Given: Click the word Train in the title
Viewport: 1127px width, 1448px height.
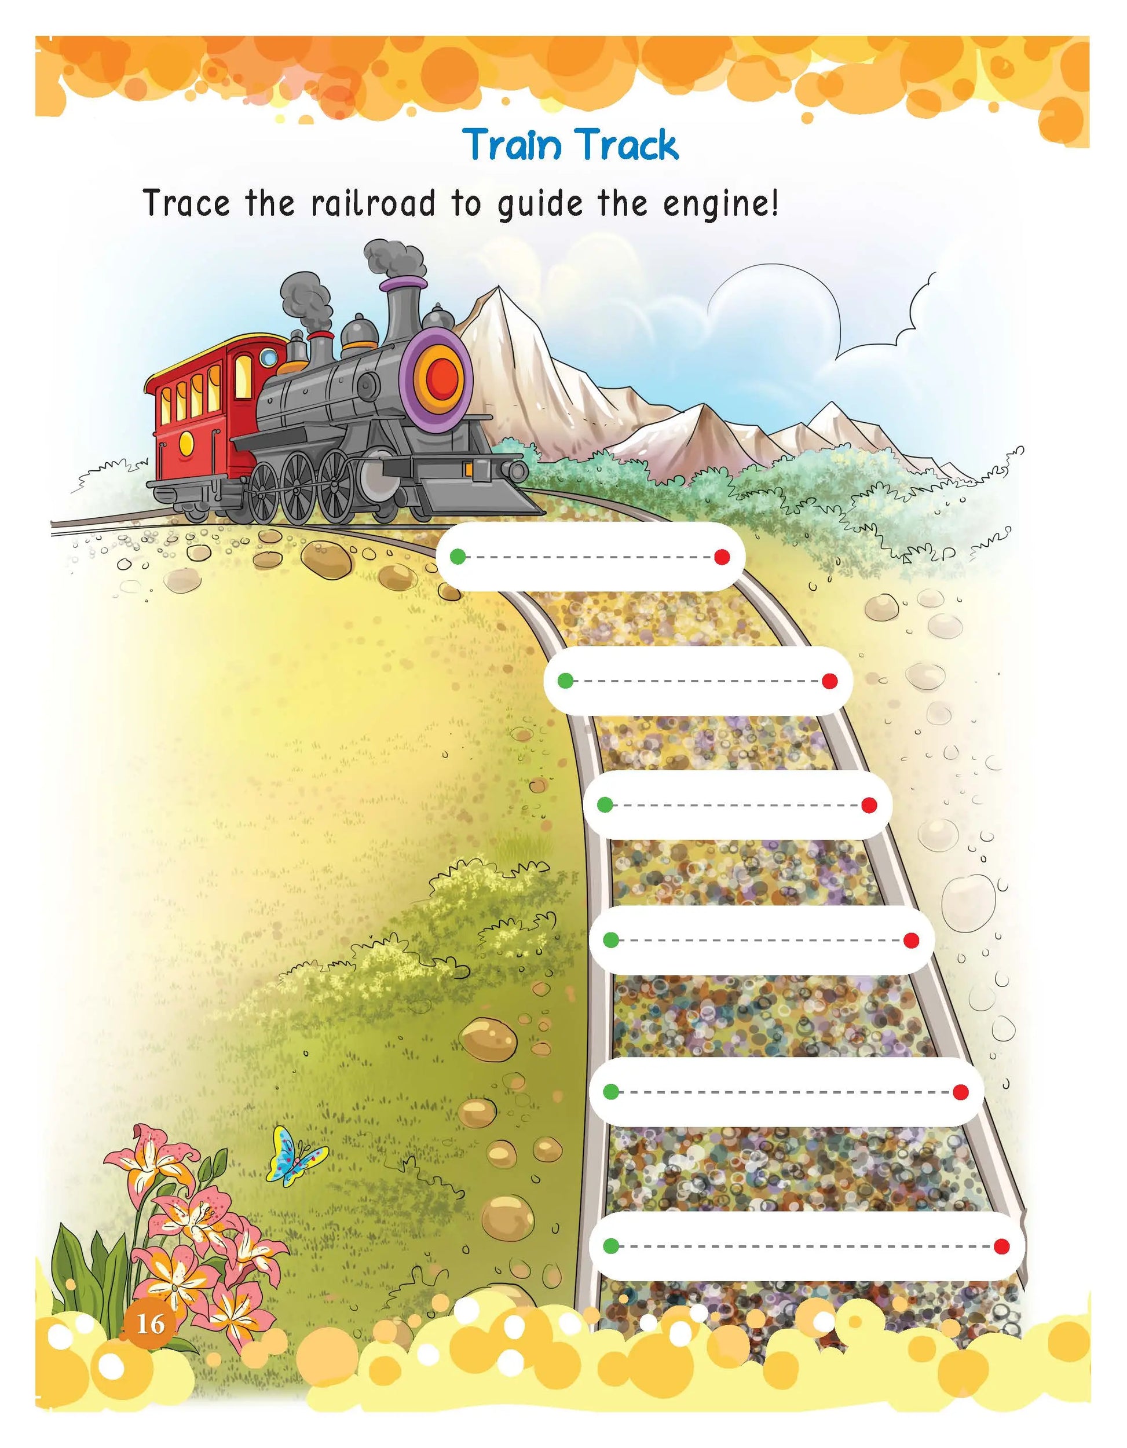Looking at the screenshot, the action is [512, 145].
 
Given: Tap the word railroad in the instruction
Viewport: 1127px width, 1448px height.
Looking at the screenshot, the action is [373, 203].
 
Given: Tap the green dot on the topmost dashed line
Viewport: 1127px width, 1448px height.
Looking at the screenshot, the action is [457, 556].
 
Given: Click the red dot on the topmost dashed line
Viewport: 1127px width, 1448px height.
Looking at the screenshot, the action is [722, 557].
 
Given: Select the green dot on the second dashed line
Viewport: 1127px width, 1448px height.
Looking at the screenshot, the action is [565, 680].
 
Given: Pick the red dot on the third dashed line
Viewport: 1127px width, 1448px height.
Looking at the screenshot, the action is [869, 805].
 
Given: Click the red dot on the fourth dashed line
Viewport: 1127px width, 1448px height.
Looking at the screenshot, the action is [911, 940].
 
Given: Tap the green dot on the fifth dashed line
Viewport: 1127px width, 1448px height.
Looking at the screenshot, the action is [611, 1091].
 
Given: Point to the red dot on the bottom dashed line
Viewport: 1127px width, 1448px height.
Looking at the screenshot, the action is [1002, 1246].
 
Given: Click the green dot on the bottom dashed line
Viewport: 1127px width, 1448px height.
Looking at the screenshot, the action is [611, 1246].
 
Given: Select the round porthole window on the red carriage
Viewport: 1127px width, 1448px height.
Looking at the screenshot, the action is [269, 358].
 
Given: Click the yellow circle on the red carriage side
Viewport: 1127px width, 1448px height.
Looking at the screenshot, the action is [186, 441].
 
